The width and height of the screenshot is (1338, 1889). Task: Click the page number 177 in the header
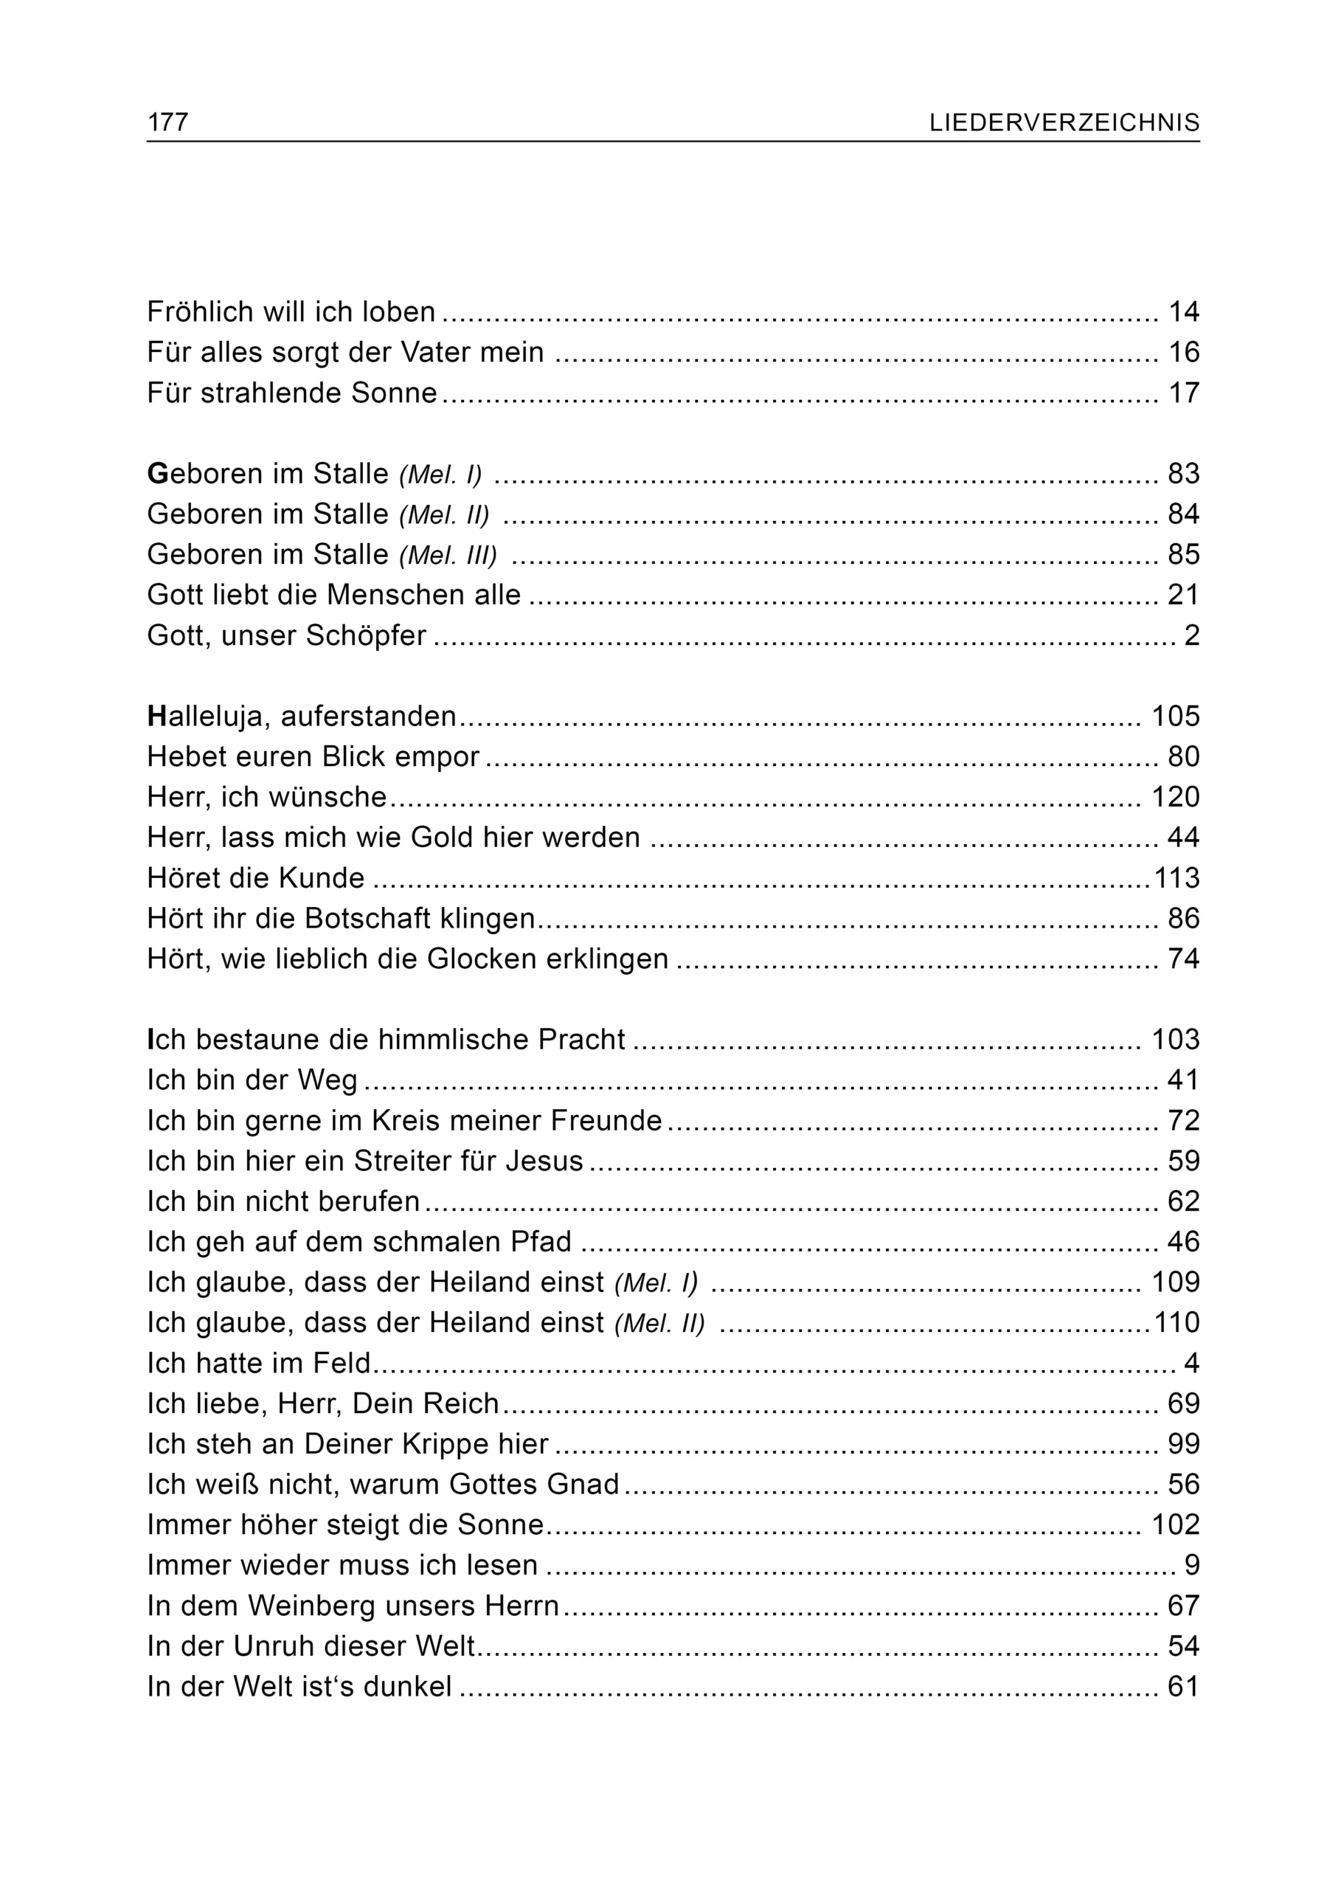tap(167, 122)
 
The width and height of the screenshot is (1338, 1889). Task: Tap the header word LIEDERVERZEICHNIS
tap(1064, 122)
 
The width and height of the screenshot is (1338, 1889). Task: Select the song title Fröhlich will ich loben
tap(291, 311)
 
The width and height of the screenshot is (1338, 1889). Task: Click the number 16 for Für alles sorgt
tap(1184, 352)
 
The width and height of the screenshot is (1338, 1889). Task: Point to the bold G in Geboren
tap(157, 474)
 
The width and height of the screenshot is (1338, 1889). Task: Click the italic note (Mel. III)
tap(448, 556)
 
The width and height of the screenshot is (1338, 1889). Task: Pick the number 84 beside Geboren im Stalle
tap(1184, 514)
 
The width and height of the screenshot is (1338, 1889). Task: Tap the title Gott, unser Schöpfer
tap(286, 635)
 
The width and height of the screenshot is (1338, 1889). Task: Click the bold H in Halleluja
tap(157, 716)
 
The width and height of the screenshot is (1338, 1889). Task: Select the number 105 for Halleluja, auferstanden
tap(1176, 716)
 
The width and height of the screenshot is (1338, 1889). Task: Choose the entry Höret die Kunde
tap(255, 878)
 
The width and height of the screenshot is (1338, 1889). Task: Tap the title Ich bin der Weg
tap(252, 1080)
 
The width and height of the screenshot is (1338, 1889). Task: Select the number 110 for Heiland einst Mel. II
tap(1176, 1323)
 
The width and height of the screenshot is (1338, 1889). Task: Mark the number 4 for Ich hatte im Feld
tap(1191, 1363)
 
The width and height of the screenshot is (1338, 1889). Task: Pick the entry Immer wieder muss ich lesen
tap(342, 1565)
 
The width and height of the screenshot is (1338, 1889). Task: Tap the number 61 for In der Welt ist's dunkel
tap(1184, 1686)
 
